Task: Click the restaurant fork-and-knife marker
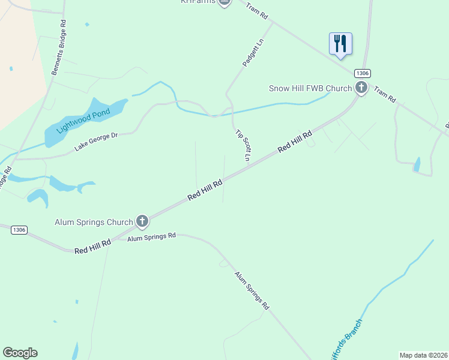point(340,43)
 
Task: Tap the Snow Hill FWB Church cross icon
point(361,88)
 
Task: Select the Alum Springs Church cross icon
point(142,222)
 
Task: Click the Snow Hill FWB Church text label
point(310,88)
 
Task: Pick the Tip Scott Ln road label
point(243,146)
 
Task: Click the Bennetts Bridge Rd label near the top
point(59,48)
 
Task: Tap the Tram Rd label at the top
point(256,11)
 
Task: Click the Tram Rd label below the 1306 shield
point(385,93)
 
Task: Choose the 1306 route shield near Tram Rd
point(362,73)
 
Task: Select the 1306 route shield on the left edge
point(19,229)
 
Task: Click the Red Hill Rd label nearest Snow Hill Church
point(295,143)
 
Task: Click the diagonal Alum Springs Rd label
point(252,290)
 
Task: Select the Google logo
point(20,353)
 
